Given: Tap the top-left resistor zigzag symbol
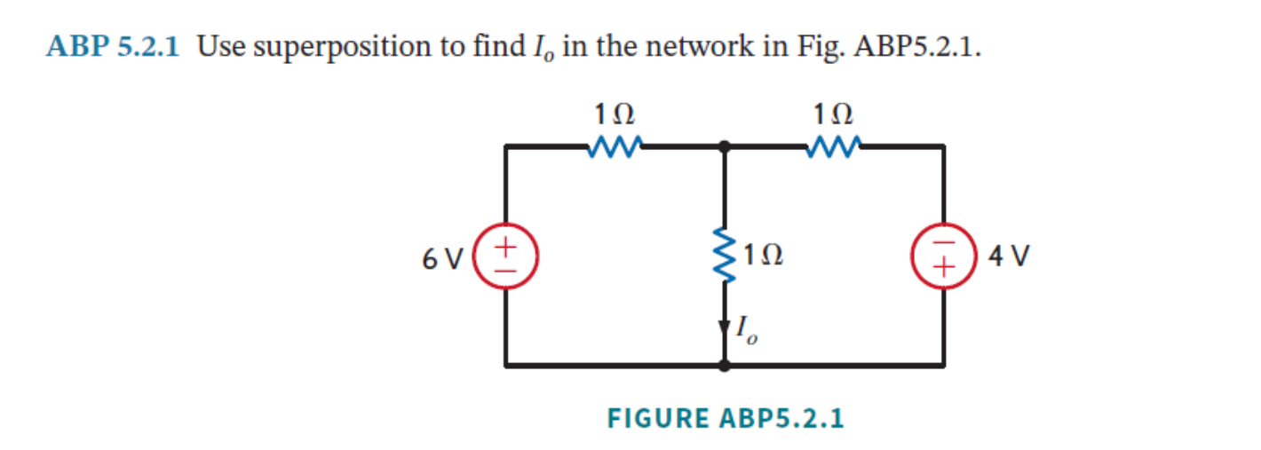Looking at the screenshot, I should pos(615,146).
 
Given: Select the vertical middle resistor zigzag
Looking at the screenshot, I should pos(726,256).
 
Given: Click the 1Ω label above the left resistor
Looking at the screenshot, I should pos(615,114).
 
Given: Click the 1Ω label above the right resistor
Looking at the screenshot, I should pos(834,114).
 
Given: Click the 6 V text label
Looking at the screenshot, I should pos(443,258).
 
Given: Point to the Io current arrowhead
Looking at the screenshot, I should pos(726,326).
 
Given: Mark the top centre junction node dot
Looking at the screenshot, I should pos(726,146).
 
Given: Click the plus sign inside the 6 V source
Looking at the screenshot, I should pos(506,243).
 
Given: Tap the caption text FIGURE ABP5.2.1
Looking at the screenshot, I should pos(725,417).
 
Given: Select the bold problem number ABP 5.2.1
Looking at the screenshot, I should pos(112,46).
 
